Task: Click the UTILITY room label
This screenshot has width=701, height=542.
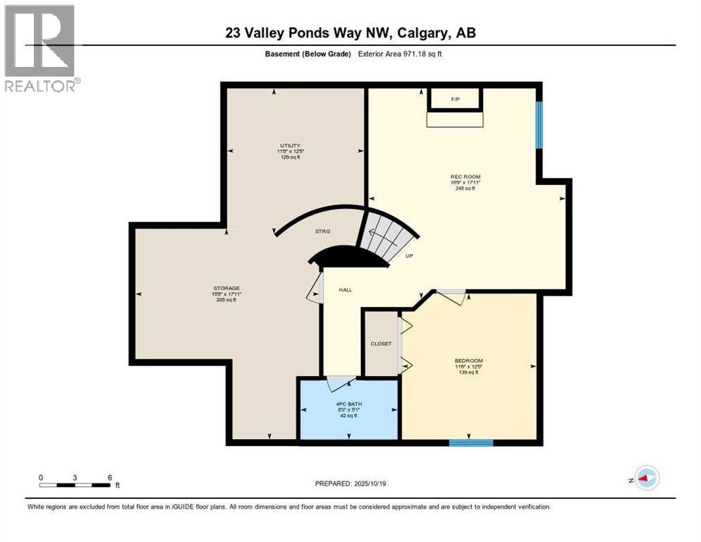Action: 290,146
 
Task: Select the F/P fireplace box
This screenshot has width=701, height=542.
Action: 455,100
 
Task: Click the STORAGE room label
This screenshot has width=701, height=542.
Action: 226,288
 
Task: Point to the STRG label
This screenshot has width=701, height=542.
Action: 323,231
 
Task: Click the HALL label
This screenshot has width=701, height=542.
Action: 345,290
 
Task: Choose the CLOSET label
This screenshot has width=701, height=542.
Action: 381,344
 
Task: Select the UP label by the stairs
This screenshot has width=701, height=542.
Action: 408,256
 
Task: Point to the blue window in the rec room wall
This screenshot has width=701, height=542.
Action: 539,125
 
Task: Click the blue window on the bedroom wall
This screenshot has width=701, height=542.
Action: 470,442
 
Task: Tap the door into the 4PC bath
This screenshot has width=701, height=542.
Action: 341,383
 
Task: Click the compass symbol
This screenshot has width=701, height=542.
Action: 645,478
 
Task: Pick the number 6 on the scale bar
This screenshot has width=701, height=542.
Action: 110,477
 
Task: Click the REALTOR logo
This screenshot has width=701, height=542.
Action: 41,48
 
